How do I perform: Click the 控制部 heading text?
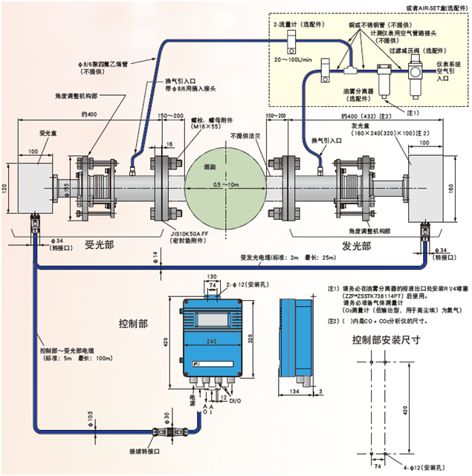(x=133, y=324)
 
